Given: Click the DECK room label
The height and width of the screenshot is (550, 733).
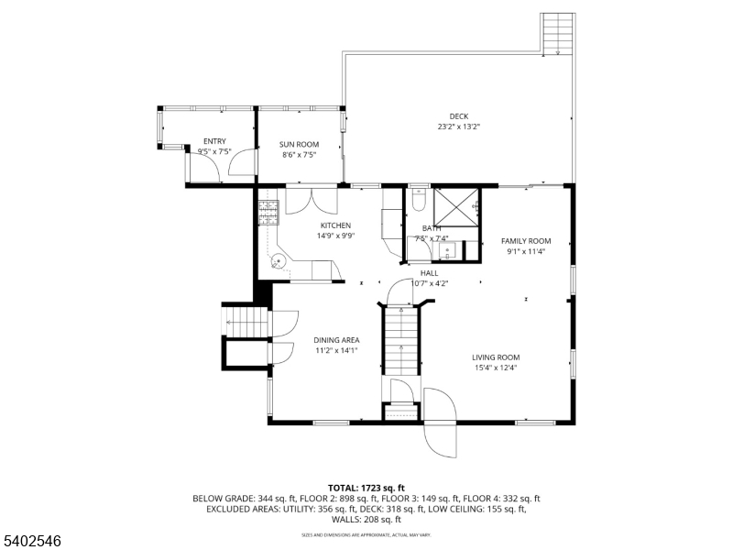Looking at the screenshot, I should [459, 116].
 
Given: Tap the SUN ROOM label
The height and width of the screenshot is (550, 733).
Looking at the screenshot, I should [300, 145].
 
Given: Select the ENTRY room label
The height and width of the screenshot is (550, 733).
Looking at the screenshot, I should [214, 141].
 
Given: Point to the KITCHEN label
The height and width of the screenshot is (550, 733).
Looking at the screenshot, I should [335, 225].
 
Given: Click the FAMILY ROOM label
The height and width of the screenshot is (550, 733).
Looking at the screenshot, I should [526, 241].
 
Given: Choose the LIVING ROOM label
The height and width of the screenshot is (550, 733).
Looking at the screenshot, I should [496, 357].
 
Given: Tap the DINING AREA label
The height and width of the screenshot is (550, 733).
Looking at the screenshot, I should [336, 340].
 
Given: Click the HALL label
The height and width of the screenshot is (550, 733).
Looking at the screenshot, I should [429, 273].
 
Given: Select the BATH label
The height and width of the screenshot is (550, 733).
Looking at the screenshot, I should [431, 228].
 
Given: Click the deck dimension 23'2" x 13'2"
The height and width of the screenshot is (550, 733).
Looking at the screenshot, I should [459, 126].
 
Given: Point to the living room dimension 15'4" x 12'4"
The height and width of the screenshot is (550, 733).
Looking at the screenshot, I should [496, 368].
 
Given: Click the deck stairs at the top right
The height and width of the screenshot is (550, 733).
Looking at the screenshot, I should [557, 34].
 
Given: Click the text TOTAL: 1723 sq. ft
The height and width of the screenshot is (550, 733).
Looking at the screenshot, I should [366, 488].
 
